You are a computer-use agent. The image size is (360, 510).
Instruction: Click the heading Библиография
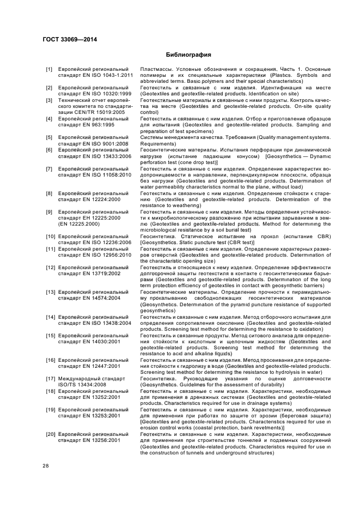click(x=188, y=55)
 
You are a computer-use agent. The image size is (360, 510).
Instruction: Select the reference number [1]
click(x=49, y=70)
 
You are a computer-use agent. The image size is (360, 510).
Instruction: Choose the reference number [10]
click(x=49, y=236)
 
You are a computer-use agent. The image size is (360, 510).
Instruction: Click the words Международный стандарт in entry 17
click(x=93, y=378)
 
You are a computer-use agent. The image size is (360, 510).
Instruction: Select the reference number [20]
click(x=49, y=434)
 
